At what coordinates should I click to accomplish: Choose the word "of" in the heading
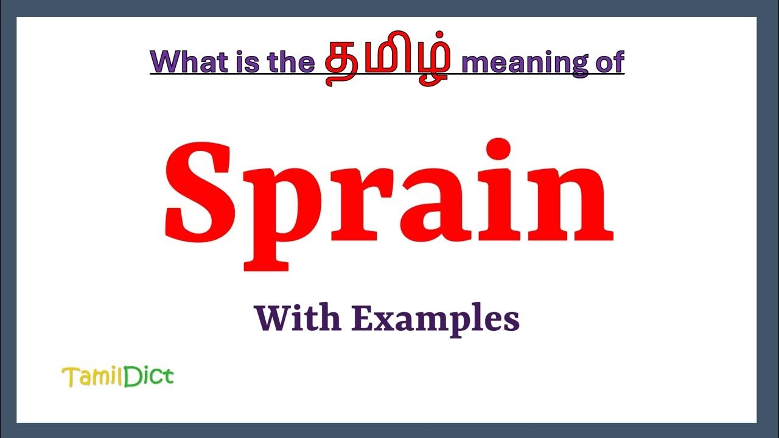click(x=609, y=62)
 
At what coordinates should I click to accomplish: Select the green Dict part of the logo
click(x=149, y=377)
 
